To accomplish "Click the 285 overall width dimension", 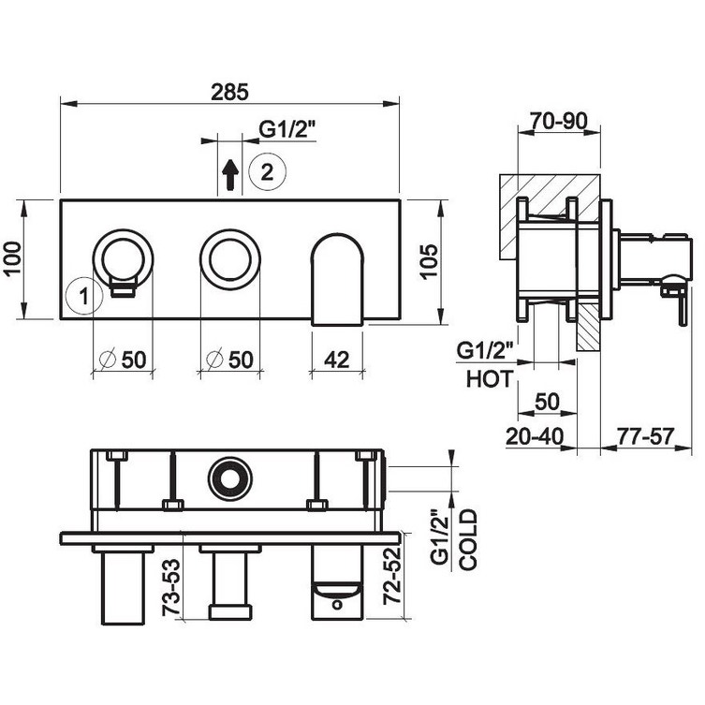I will click(x=229, y=91).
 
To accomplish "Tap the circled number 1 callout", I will click(x=84, y=297).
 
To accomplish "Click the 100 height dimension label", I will click(x=13, y=258).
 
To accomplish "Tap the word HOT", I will click(x=489, y=380).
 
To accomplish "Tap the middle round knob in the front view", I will click(x=226, y=257).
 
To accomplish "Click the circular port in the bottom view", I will click(x=226, y=477).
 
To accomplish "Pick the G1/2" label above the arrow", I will click(x=280, y=132).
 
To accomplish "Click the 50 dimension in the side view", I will click(x=545, y=404).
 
